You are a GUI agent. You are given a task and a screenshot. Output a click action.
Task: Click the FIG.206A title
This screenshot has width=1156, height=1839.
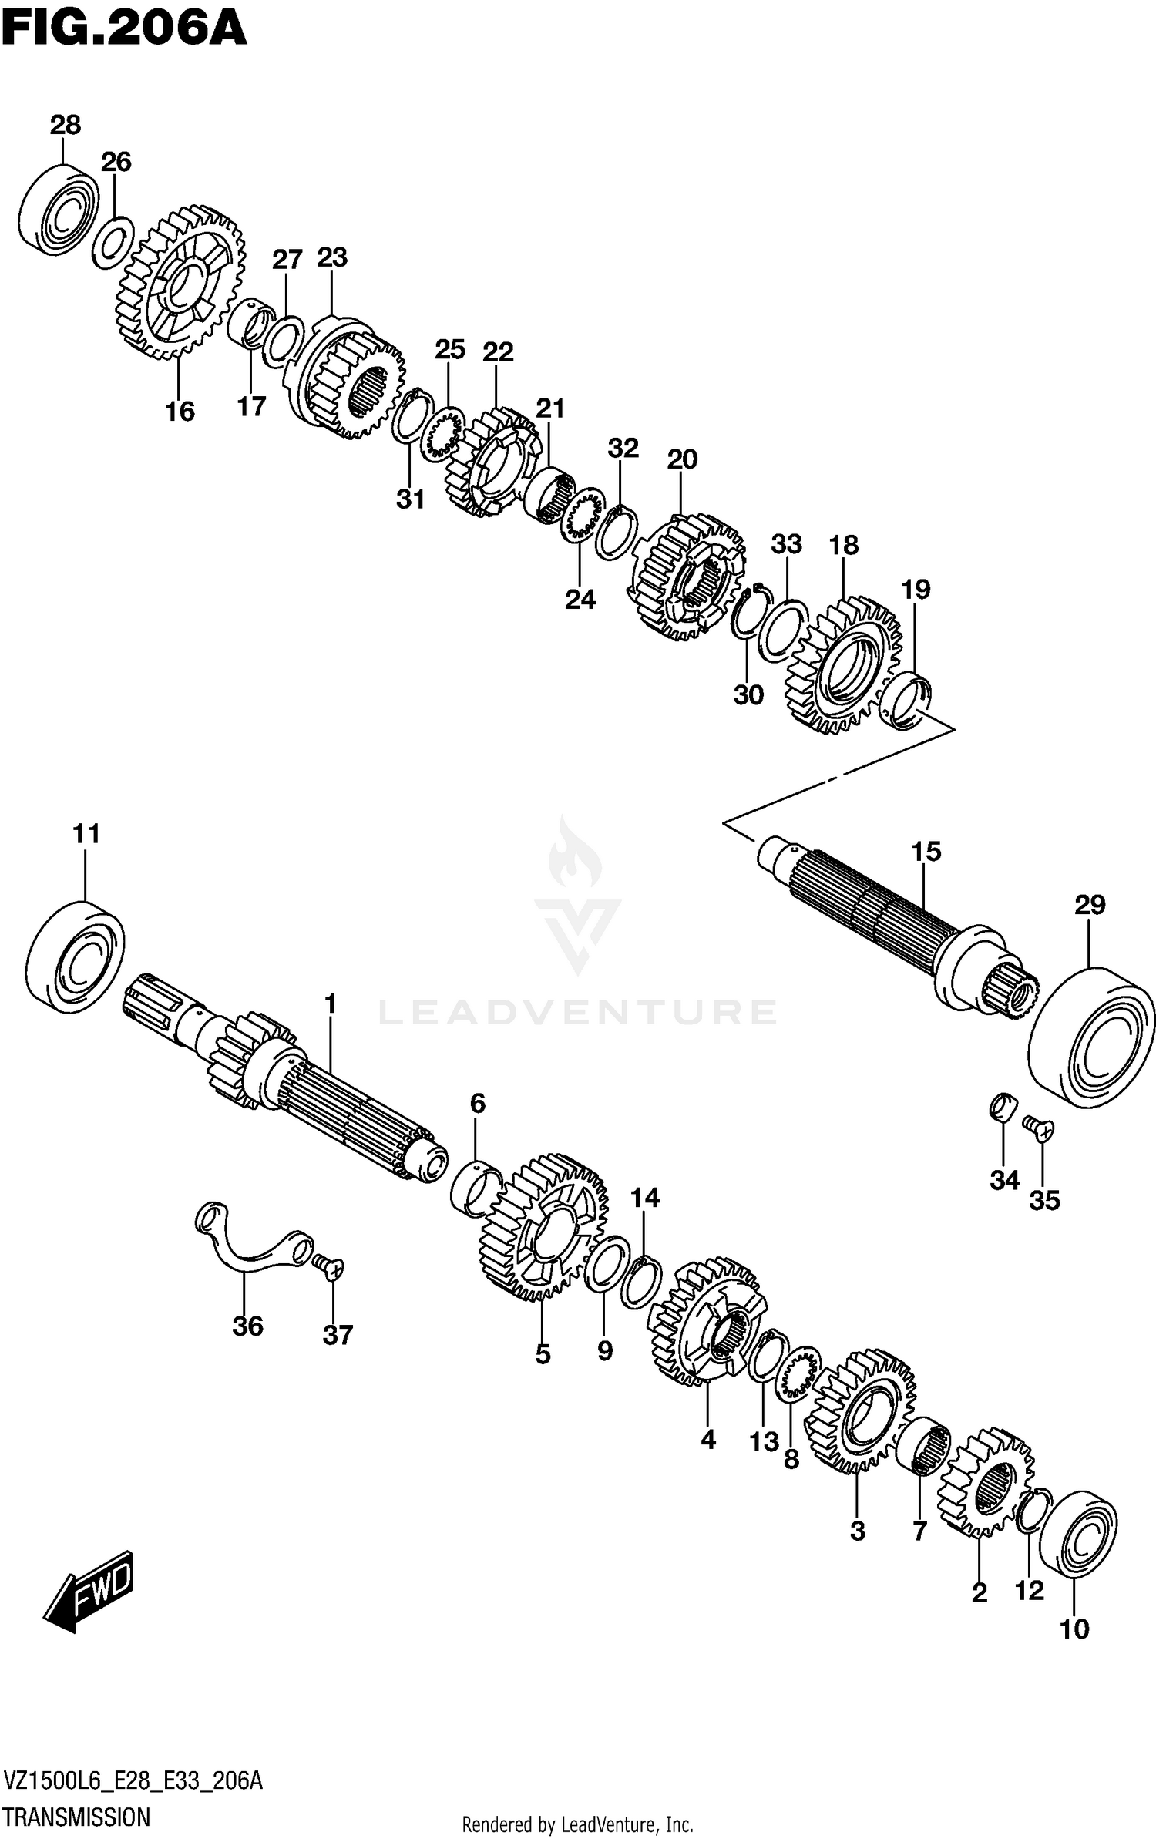point(123,29)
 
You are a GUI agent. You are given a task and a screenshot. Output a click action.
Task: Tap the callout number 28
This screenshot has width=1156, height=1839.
point(66,124)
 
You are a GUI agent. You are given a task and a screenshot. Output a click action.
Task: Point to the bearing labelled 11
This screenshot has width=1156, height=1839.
point(76,956)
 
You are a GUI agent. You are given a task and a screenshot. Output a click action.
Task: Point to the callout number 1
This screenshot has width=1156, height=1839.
point(330,1004)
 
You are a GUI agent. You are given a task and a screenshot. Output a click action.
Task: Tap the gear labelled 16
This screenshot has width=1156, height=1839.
point(180,283)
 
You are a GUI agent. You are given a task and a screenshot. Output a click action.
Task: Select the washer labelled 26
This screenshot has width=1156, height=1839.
point(113,243)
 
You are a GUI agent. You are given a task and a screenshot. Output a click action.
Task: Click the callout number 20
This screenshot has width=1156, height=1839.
point(682,459)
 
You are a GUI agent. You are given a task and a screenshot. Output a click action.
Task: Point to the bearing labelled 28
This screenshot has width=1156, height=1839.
point(59,207)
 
